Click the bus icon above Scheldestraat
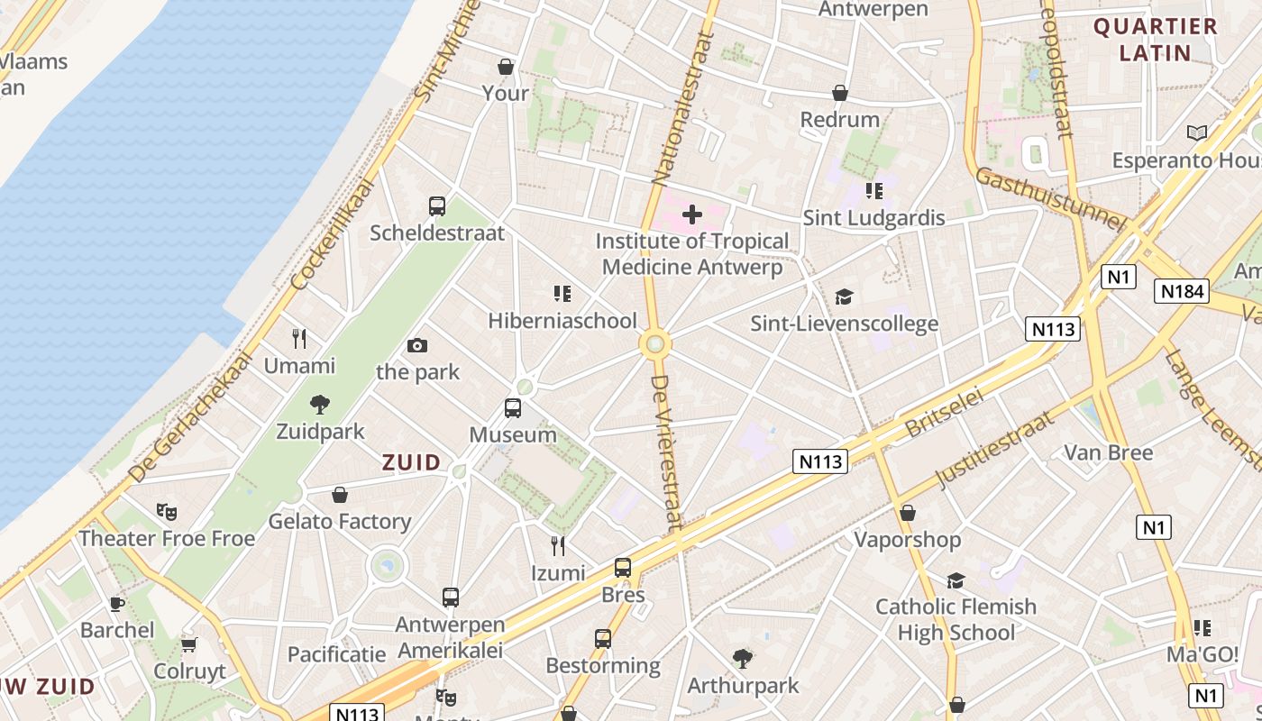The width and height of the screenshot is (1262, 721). tap(437, 205)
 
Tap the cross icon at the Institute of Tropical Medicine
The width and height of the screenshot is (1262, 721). tap(692, 214)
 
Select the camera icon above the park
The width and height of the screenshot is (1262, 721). tap(416, 345)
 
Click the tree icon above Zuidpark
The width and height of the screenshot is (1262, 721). tap(319, 404)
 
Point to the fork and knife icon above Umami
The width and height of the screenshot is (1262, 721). tap(299, 339)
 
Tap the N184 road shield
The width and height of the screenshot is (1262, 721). tap(1182, 290)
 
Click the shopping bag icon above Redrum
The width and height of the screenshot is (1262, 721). tap(840, 93)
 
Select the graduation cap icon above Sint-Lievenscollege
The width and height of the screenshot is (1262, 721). tap(844, 297)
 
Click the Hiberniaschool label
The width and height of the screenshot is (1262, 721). tap(562, 321)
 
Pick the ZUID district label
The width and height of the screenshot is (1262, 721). tap(412, 462)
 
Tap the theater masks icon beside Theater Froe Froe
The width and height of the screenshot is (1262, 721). tap(166, 512)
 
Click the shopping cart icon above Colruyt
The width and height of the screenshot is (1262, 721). tap(189, 644)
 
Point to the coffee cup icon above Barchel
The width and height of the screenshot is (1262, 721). tap(116, 603)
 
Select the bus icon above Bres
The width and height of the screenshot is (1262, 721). tap(623, 568)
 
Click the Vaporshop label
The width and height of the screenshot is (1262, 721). tap(908, 540)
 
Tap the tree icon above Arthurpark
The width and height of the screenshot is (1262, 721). tap(743, 658)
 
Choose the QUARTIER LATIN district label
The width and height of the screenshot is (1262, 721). tap(1155, 40)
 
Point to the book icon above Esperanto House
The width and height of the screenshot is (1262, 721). tap(1197, 133)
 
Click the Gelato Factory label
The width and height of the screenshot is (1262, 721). tap(340, 521)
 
